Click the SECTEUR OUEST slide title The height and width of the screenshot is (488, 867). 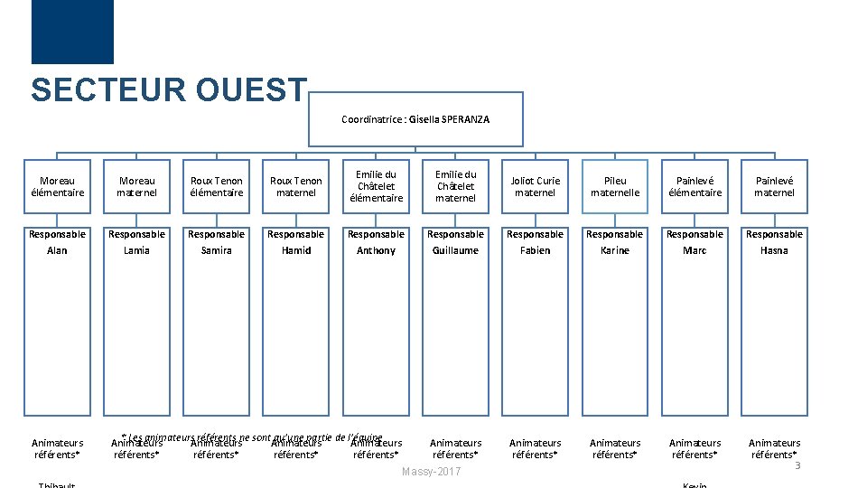pos(169,89)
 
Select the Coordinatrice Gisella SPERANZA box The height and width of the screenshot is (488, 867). pos(415,119)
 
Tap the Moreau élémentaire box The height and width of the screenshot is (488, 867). pos(57,186)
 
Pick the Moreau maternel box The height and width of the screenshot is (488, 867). pos(137,186)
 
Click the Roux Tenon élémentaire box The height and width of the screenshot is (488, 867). pos(217,186)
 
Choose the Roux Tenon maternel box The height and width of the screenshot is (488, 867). pos(296,186)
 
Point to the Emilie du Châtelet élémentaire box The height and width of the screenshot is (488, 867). pos(376,186)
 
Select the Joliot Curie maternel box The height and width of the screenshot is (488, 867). pos(535,186)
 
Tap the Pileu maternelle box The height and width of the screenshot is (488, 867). pos(615,186)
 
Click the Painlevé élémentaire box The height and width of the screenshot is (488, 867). pos(695,186)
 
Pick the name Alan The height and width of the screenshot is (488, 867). pos(57,250)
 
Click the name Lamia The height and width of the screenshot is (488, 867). pos(137,250)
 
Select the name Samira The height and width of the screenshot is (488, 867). pos(217,250)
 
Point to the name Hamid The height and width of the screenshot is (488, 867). pos(296,250)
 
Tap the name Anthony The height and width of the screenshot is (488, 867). pos(376,250)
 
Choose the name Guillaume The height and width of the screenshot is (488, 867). pos(455,250)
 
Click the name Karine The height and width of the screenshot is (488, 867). pos(615,250)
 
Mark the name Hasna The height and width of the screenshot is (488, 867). pos(774,250)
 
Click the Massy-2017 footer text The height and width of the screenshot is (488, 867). pos(432,473)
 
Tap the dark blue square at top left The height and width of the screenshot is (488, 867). pos(72,32)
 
